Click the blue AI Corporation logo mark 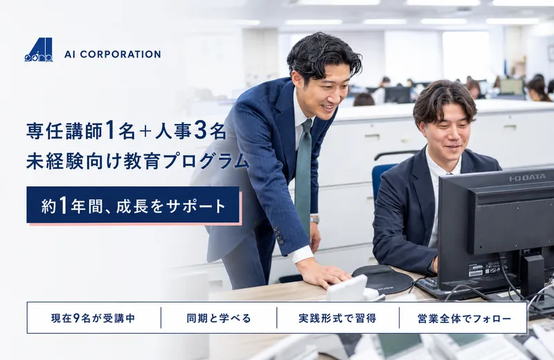point(39,50)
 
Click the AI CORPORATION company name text point(113,54)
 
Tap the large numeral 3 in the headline point(200,130)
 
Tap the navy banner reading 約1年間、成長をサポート point(133,205)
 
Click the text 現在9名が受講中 point(93,318)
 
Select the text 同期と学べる point(219,318)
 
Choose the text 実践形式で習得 point(337,318)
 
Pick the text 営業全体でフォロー point(464,318)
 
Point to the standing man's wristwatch point(314,219)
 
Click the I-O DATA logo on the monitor point(528,178)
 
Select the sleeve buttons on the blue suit point(278,235)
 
